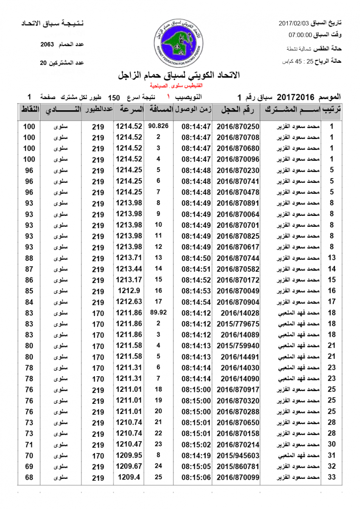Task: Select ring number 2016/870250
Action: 238,126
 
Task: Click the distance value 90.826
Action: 159,126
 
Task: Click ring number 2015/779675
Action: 238,324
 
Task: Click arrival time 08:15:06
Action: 196,478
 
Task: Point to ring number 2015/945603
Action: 238,456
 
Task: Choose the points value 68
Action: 29,478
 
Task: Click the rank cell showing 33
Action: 332,478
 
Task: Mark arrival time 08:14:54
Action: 196,302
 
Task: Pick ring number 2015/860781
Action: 238,467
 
